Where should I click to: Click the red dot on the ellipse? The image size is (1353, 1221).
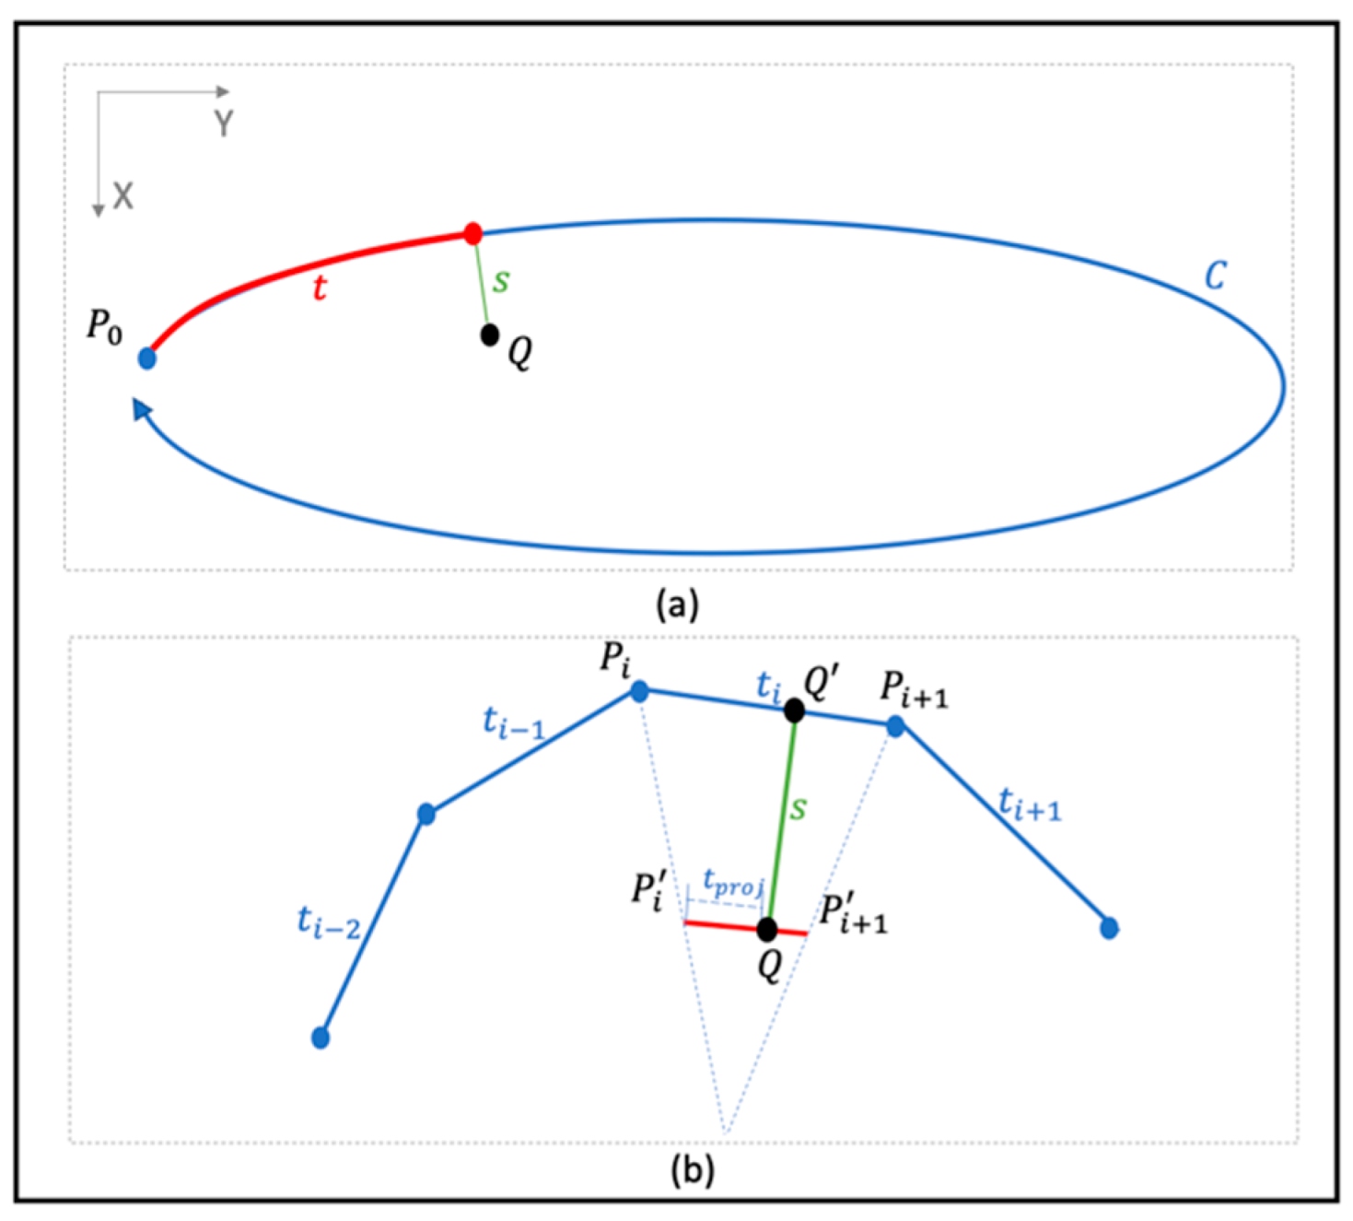pos(472,233)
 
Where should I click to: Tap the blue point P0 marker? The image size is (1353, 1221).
pos(147,358)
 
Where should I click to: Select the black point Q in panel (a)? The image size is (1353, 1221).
pos(490,335)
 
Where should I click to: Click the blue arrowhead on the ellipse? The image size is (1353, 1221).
pos(141,407)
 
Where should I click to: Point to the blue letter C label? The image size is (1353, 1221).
pos(1215,275)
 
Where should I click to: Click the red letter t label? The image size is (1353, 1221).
pos(319,288)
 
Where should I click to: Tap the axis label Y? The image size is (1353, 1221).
pos(223,123)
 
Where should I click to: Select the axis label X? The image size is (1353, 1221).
pos(122,196)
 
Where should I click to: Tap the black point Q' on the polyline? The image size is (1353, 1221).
pos(794,710)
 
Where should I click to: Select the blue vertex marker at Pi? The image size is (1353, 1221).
pos(639,691)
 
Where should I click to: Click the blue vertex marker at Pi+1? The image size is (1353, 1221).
pos(895,727)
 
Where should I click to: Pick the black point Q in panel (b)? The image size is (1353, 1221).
pos(767,930)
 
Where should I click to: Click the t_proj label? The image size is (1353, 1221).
pos(733,883)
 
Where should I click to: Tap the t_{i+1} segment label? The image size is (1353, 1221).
pos(1030,806)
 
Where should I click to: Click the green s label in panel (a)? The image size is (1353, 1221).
pos(500,280)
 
